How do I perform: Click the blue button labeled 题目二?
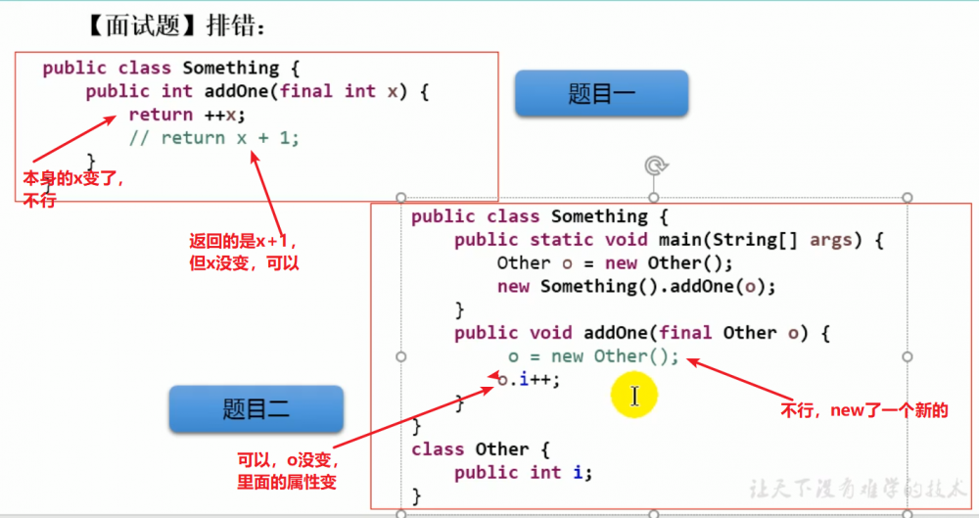coord(256,409)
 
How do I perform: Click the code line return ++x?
coord(186,115)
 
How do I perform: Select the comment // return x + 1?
coord(214,138)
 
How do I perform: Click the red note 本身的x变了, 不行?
coord(72,189)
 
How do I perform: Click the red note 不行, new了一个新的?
coord(864,410)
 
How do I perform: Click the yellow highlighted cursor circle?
coord(633,396)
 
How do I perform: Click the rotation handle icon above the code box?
coord(656,166)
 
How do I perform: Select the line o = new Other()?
coord(592,356)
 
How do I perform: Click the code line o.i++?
coord(530,380)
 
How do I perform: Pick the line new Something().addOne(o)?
coord(636,286)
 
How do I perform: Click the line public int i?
coord(524,472)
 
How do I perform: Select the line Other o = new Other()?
coord(614,262)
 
